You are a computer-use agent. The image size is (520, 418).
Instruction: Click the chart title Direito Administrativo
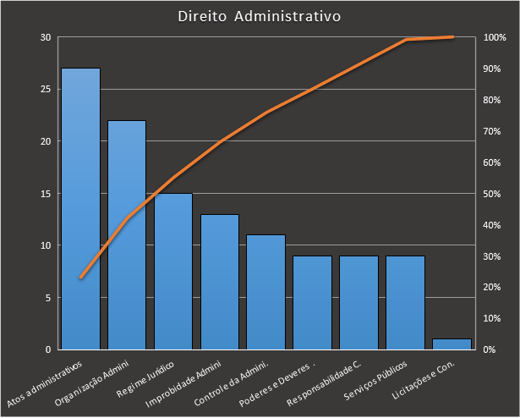(260, 16)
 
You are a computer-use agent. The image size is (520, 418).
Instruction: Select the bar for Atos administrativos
(80, 208)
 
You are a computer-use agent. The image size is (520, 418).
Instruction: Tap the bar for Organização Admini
(127, 234)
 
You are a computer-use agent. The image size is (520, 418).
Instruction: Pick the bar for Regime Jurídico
(173, 271)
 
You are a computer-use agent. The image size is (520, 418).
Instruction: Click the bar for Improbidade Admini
(220, 281)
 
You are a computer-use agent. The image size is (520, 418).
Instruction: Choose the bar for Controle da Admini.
(265, 291)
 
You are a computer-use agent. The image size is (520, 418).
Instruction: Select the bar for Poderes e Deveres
(312, 302)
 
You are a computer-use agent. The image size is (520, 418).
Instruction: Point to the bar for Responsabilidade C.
(359, 302)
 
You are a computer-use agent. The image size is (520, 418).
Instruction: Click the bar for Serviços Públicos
(405, 302)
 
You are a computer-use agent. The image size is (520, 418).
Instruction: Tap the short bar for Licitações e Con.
(452, 344)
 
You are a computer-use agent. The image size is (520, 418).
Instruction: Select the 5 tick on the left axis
(47, 298)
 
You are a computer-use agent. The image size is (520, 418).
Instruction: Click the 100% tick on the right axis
(495, 37)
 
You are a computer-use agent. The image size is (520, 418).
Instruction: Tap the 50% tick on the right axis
(492, 194)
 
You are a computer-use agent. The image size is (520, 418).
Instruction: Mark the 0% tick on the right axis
(490, 349)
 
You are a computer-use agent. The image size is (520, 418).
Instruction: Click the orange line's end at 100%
(453, 37)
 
